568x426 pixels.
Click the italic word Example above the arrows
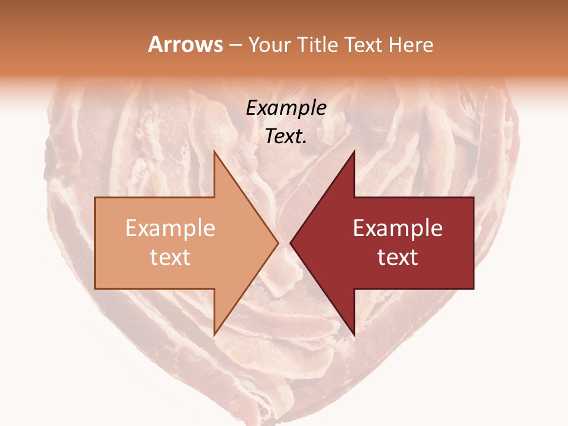[x=286, y=108]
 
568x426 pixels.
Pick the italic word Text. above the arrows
[x=286, y=137]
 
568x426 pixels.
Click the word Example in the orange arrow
[x=170, y=228]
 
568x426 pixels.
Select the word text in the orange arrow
[x=170, y=257]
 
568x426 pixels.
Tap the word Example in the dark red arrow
[x=398, y=228]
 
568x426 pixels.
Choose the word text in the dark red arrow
[x=398, y=257]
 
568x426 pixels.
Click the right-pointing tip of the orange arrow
[x=278, y=243]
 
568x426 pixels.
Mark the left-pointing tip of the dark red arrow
[x=291, y=243]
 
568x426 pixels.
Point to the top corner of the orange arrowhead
[x=214, y=151]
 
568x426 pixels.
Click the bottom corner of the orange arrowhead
[x=214, y=335]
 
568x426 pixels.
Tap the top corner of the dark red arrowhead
[x=354, y=151]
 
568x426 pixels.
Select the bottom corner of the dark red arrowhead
[x=354, y=335]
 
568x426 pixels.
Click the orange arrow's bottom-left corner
[x=96, y=288]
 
